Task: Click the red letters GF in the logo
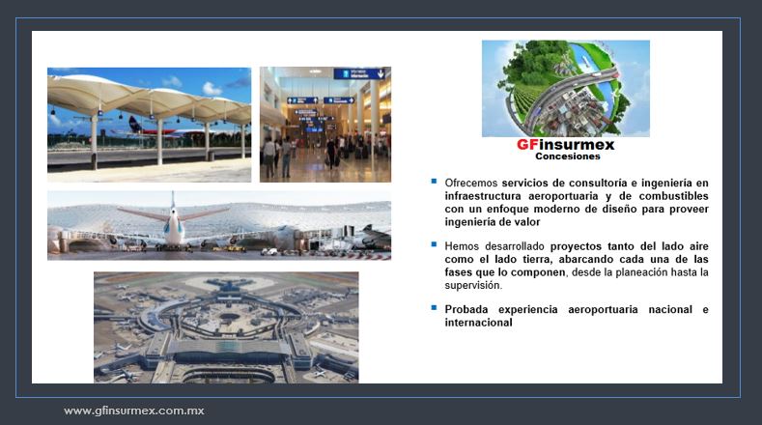527,145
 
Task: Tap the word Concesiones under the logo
568,156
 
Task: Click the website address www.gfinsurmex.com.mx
134,411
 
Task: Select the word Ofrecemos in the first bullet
471,183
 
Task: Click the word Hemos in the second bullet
462,246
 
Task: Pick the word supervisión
473,286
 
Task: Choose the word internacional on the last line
478,323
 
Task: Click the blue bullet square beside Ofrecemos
434,182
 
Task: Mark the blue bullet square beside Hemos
434,244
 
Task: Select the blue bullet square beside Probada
434,308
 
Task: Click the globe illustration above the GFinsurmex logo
566,89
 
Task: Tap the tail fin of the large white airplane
173,203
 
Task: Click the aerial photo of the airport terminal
226,327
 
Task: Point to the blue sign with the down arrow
359,74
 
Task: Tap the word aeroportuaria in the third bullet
603,310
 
